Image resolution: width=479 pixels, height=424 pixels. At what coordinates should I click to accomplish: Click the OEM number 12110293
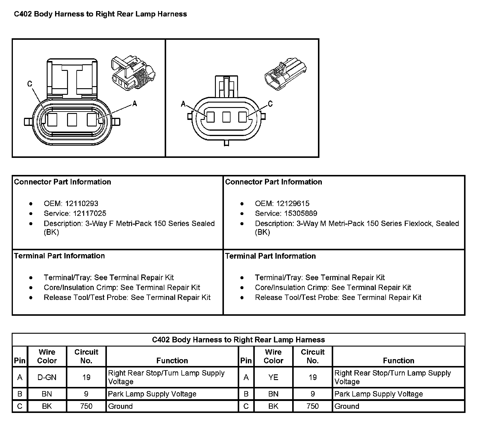81,204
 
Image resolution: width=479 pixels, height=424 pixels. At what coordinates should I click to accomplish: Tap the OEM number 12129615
293,204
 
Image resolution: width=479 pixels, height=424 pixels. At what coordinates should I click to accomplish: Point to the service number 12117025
86,213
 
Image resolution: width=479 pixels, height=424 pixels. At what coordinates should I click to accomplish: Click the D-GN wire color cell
47,377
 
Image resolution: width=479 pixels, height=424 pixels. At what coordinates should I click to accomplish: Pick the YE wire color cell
273,377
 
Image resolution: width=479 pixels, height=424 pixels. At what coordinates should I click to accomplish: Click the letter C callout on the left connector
30,84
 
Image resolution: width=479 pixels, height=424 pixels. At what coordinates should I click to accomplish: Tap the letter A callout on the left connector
134,104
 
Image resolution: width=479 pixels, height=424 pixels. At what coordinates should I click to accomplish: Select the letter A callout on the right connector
183,104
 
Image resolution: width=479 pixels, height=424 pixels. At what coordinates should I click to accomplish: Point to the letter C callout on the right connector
270,104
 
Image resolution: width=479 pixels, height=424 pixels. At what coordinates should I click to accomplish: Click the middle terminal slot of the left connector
72,120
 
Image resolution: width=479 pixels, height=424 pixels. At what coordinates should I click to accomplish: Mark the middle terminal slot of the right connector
226,117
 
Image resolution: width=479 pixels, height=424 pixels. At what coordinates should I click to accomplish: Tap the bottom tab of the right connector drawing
226,143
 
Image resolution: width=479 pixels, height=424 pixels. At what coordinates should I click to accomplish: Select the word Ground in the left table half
120,406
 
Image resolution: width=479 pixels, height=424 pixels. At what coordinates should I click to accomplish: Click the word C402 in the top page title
23,14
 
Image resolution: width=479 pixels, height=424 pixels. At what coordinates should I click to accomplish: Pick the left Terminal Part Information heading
60,256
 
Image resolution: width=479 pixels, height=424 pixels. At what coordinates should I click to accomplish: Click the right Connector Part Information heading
273,182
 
